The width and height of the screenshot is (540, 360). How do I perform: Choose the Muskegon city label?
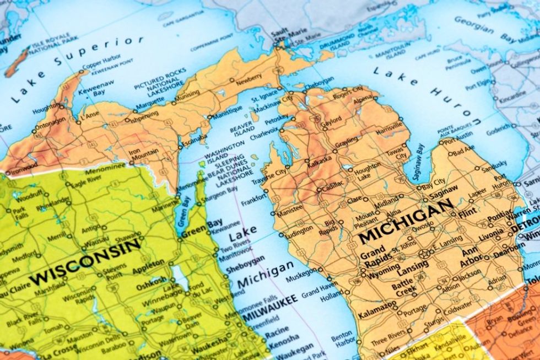(301, 271)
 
